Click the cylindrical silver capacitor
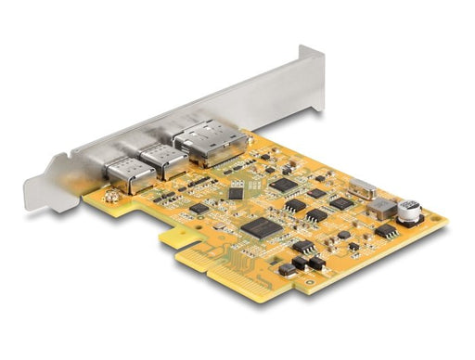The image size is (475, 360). click(410, 212)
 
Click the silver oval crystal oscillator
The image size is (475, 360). click(363, 190)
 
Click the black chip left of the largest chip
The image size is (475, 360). click(199, 209)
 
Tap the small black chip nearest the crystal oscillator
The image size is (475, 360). click(340, 202)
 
